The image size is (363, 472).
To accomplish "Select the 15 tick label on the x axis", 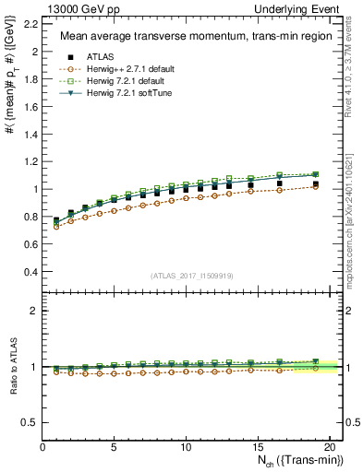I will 258,448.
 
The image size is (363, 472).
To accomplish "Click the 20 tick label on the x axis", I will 329,448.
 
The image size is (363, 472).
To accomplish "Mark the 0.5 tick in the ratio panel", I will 30,422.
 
